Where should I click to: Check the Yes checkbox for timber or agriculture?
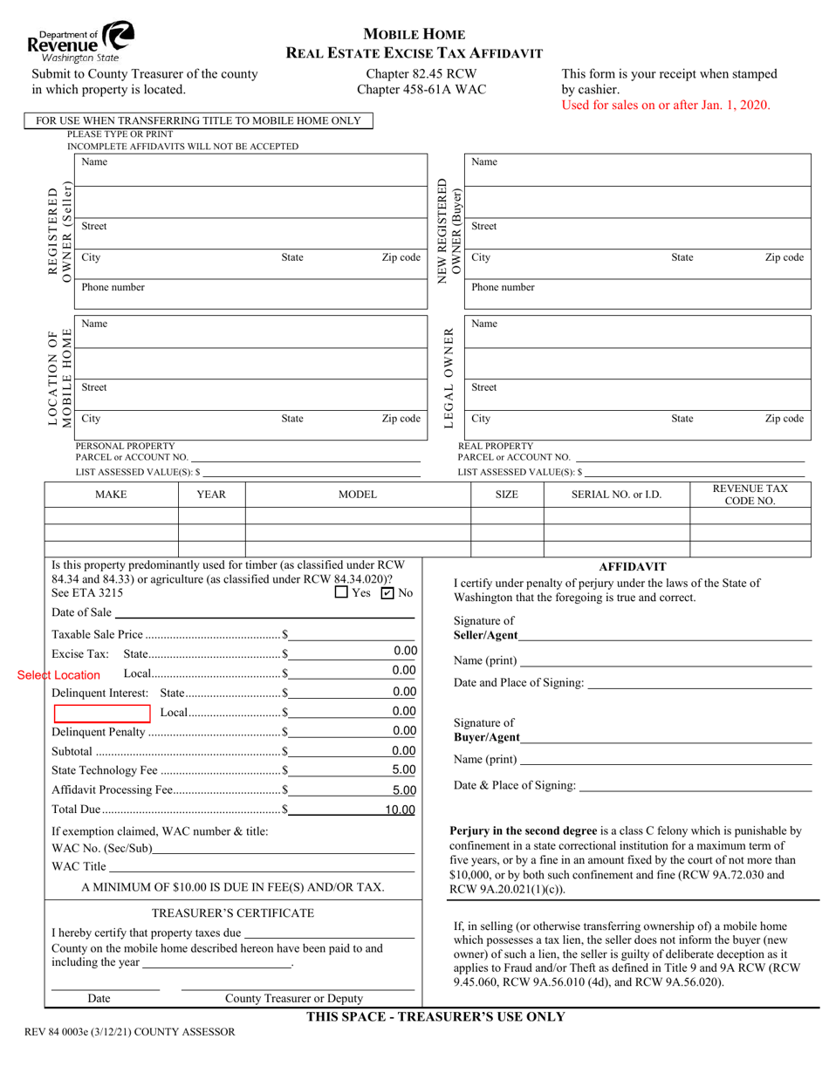click(341, 593)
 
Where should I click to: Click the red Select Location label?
click(59, 675)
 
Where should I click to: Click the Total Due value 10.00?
click(400, 810)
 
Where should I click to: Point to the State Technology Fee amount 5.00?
click(403, 770)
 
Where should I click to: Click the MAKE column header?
click(111, 495)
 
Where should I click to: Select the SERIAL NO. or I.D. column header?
click(616, 495)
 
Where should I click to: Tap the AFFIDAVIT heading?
click(633, 566)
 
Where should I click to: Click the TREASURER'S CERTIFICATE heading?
click(232, 912)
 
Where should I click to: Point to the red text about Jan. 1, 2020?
click(666, 105)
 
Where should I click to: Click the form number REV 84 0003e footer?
click(123, 1032)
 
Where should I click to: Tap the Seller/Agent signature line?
click(665, 635)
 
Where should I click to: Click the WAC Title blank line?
click(262, 866)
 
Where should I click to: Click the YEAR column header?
click(211, 495)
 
